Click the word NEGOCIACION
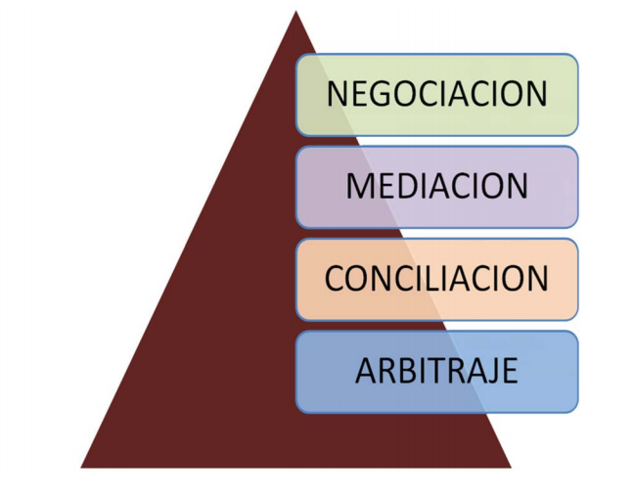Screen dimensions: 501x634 coord(436,94)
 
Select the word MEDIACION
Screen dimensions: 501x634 coord(436,186)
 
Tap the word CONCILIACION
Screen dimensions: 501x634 coord(436,279)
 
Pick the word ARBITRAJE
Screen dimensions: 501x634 coord(436,372)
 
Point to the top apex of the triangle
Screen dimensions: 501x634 coord(295,12)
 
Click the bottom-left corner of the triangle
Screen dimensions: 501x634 coord(81,467)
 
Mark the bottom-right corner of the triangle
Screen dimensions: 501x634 coord(511,467)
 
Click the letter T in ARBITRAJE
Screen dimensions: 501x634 coord(430,372)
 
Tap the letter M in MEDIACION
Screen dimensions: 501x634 coord(358,186)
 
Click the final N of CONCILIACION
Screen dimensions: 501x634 coord(537,279)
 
